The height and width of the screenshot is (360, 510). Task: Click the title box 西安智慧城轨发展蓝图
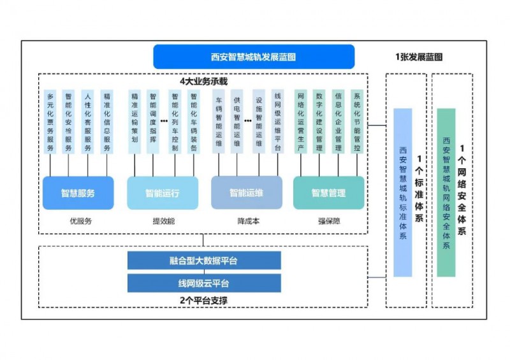[253, 57]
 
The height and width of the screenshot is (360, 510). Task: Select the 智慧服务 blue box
[78, 193]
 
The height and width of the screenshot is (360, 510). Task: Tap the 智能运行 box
[162, 193]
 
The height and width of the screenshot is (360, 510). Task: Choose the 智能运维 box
[246, 193]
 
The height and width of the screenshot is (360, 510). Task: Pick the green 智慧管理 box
[328, 193]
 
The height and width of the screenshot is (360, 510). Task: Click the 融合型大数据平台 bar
[204, 261]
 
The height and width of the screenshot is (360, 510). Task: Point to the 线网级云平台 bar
[204, 284]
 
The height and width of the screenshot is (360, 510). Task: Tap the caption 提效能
[163, 221]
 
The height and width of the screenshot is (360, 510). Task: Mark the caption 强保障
[329, 221]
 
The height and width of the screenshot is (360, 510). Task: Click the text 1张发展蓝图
[418, 57]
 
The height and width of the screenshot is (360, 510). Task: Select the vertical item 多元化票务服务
[50, 122]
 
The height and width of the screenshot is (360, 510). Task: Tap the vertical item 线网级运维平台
[277, 122]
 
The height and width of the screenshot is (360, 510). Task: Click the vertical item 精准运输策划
[135, 122]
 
